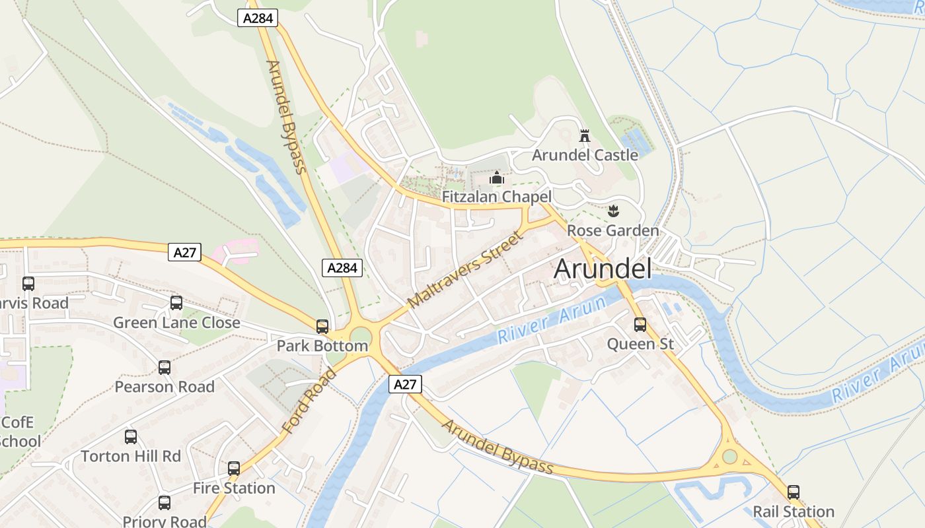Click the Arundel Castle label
coord(585,155)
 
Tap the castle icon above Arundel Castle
coord(585,137)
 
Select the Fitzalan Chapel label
coord(496,197)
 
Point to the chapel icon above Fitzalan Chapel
coord(497,178)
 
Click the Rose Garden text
coord(613,231)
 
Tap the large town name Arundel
coord(603,269)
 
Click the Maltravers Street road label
coord(465,269)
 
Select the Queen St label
coord(640,344)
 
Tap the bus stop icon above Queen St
coord(640,324)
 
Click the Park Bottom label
coord(322,346)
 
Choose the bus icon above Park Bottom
coord(322,327)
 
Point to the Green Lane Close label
coord(176,323)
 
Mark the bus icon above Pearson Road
coord(165,368)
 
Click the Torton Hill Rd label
coord(131,456)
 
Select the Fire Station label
coord(234,488)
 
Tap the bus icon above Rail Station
coord(794,492)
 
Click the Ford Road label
coord(309,401)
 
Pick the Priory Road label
coord(165,521)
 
